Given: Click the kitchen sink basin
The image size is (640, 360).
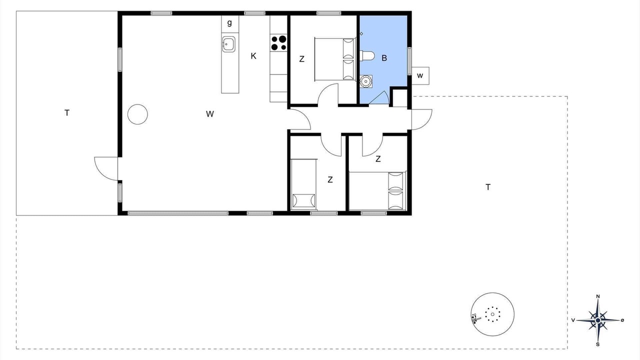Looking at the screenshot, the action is click(x=228, y=44).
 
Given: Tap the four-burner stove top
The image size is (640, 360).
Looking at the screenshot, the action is click(x=278, y=43).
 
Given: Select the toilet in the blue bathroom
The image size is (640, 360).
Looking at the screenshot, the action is click(x=367, y=56).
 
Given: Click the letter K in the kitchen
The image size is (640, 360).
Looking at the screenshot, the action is click(x=253, y=56).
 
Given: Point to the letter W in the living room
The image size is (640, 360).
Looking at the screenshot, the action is click(x=209, y=114).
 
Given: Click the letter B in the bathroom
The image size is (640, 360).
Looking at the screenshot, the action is click(x=384, y=58).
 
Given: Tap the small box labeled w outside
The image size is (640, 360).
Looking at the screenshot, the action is click(x=420, y=75).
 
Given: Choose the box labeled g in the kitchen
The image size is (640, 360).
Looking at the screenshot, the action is click(x=229, y=23).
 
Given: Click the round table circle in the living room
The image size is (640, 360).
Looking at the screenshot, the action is click(x=137, y=114).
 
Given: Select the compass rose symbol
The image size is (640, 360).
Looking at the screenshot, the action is click(x=597, y=320).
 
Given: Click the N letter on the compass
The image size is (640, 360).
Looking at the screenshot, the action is click(x=597, y=296).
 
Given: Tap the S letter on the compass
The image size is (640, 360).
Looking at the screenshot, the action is click(x=597, y=344).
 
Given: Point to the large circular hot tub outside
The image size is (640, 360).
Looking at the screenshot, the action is click(x=492, y=314).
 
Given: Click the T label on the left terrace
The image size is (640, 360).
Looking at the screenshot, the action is click(x=67, y=113).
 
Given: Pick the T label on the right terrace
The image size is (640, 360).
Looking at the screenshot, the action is click(x=488, y=187).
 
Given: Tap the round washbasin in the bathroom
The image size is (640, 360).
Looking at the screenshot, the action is click(x=365, y=81).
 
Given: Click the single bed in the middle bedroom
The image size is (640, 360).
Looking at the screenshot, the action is click(x=303, y=183).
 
